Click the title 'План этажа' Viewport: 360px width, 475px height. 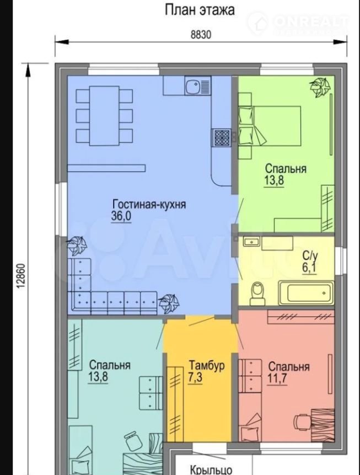pyautogui.click(x=200, y=10)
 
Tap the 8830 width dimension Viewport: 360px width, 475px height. pyautogui.click(x=201, y=35)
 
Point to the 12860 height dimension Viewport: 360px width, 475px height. pyautogui.click(x=21, y=276)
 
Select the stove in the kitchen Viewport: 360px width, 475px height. pyautogui.click(x=222, y=138)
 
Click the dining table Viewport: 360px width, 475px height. pyautogui.click(x=104, y=115)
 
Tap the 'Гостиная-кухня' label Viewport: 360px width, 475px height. pyautogui.click(x=149, y=204)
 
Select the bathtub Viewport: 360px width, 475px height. pyautogui.click(x=306, y=292)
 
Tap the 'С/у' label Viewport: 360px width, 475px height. pyautogui.click(x=310, y=257)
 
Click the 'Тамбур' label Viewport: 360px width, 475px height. pyautogui.click(x=207, y=365)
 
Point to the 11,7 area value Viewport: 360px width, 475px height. pyautogui.click(x=277, y=378)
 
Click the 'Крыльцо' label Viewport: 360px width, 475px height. pyautogui.click(x=211, y=469)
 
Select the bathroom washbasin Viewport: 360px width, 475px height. pyautogui.click(x=251, y=242)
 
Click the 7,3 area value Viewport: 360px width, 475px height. pyautogui.click(x=195, y=377)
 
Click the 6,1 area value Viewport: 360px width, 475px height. pyautogui.click(x=309, y=269)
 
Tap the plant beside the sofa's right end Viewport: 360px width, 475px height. pyautogui.click(x=169, y=303)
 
